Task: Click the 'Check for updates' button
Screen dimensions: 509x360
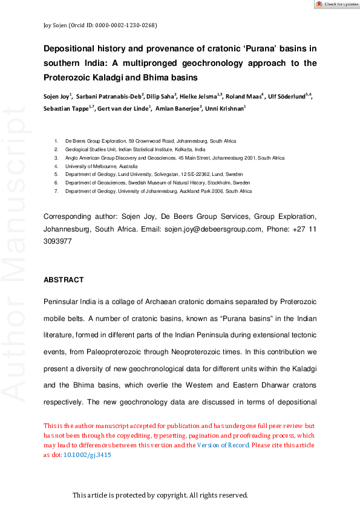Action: point(336,4)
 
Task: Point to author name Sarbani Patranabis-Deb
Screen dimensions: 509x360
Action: point(109,96)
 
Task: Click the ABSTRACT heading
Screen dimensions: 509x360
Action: point(64,280)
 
